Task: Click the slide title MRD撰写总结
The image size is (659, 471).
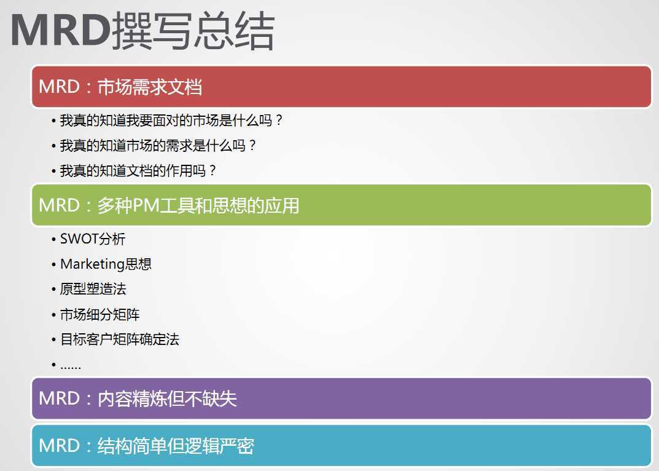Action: point(142,31)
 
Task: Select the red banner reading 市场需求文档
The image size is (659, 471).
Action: point(341,87)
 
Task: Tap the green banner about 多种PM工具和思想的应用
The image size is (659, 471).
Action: point(341,205)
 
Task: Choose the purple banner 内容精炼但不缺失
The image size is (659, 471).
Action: point(341,398)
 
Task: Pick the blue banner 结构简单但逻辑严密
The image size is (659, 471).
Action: point(341,445)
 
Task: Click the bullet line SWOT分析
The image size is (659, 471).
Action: point(93,239)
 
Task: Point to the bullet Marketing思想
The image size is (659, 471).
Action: point(106,264)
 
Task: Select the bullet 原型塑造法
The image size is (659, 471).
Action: point(93,289)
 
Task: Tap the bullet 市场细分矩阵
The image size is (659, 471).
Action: point(99,314)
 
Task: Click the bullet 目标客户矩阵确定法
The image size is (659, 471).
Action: point(120,339)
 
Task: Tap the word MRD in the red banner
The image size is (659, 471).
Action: point(59,87)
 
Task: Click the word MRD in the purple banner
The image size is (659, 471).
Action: point(59,398)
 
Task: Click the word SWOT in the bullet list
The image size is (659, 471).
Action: point(79,239)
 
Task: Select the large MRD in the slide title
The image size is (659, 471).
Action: point(61,30)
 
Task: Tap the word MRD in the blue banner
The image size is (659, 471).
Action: point(59,445)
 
